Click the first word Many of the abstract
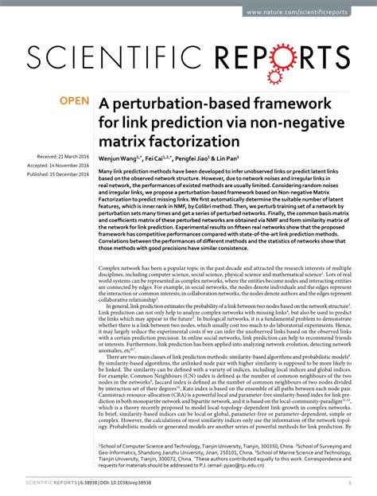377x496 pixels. [106, 171]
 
